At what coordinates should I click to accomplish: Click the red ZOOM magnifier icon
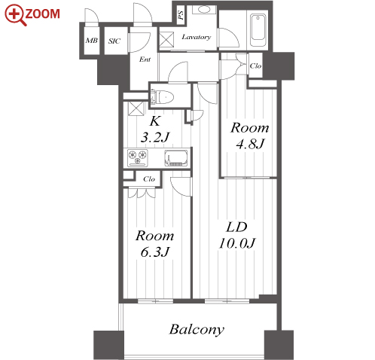(15, 15)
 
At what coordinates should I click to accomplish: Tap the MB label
(92, 41)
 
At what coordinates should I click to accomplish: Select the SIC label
(114, 41)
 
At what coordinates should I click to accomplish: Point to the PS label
(181, 16)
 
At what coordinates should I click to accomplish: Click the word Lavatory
(197, 37)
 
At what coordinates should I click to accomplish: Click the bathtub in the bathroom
(258, 30)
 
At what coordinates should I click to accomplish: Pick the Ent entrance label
(145, 59)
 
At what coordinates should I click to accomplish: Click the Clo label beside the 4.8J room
(255, 66)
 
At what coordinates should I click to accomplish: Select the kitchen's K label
(155, 121)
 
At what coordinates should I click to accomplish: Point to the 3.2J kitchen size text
(155, 137)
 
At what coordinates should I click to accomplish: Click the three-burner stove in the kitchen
(138, 158)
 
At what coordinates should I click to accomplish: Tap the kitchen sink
(176, 158)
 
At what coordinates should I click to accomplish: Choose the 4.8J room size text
(250, 144)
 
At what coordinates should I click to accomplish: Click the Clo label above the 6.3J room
(149, 179)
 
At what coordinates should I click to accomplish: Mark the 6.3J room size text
(155, 252)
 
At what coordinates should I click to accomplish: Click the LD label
(236, 227)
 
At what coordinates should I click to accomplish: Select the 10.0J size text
(237, 243)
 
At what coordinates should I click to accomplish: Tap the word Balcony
(197, 330)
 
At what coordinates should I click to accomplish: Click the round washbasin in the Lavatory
(204, 10)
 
